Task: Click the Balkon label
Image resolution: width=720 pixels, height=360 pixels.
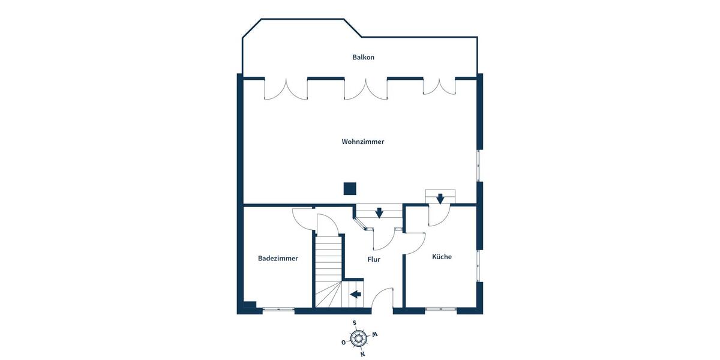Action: click(x=363, y=58)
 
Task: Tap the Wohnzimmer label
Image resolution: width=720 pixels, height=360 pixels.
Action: click(x=362, y=142)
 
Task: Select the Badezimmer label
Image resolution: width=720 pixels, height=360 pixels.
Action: click(x=278, y=259)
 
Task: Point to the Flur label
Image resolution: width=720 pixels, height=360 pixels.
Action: click(x=374, y=260)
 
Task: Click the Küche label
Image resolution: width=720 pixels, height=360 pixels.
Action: click(x=442, y=257)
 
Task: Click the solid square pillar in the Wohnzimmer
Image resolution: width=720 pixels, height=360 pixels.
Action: click(x=349, y=189)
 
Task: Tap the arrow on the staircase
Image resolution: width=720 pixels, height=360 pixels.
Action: click(x=355, y=294)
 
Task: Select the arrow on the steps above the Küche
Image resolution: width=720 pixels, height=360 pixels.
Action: click(x=440, y=198)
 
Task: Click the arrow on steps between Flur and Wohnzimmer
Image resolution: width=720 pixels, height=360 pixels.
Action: click(x=379, y=212)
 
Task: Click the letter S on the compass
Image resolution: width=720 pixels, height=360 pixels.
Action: click(x=355, y=323)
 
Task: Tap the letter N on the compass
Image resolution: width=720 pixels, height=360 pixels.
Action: click(x=362, y=354)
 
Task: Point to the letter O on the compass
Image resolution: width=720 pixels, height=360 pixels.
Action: click(x=343, y=343)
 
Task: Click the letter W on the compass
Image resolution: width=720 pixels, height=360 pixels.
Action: click(x=374, y=334)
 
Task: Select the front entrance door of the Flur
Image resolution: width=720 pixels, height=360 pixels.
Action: click(x=382, y=300)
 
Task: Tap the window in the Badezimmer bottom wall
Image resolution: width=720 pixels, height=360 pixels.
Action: click(x=278, y=310)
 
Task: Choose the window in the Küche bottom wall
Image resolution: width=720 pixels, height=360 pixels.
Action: click(x=441, y=310)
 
